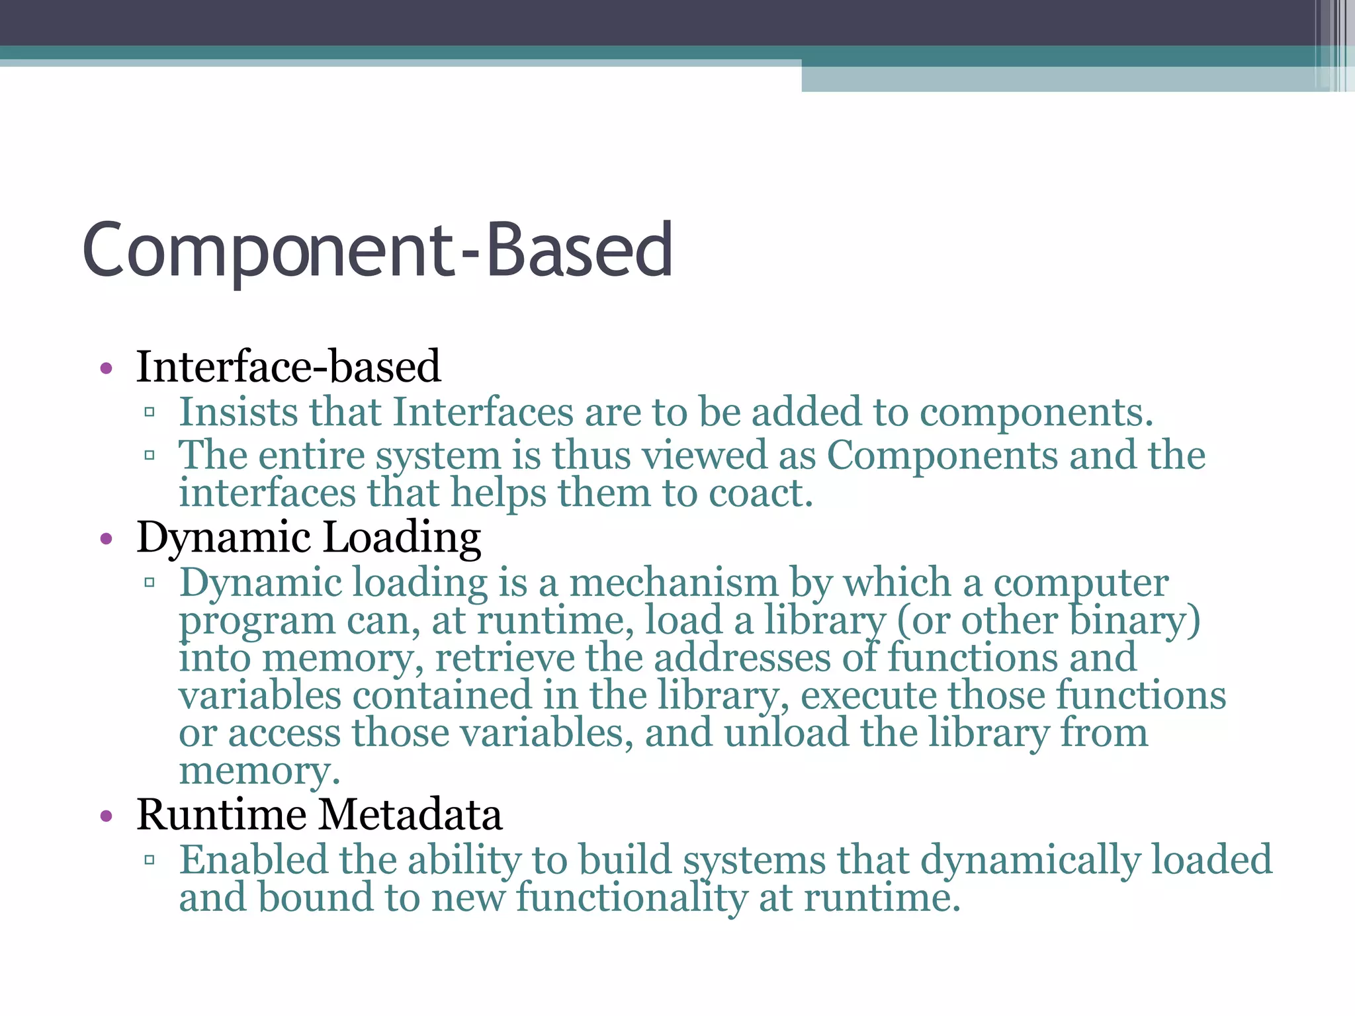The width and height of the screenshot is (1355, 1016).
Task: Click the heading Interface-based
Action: pos(288,366)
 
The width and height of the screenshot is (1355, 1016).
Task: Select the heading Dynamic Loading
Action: pos(308,537)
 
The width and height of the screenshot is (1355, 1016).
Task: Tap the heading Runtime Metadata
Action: pos(319,814)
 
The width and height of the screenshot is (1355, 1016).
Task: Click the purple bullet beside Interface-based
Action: pos(107,368)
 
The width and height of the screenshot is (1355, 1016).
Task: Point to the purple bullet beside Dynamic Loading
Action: pos(107,539)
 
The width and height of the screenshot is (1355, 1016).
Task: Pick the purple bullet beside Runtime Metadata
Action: pos(107,816)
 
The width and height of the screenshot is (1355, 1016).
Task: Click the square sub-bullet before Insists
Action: pos(150,413)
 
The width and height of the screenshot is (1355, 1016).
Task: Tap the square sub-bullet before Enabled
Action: pos(150,861)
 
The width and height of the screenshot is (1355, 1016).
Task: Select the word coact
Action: pos(760,493)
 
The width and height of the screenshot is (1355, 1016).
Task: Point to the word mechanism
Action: pos(674,583)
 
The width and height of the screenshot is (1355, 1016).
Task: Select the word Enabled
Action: pos(253,860)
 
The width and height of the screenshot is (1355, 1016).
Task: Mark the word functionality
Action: pos(631,898)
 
